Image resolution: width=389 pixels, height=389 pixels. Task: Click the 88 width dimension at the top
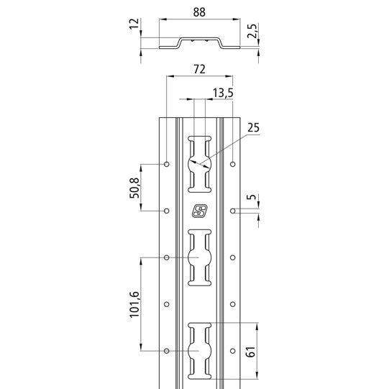pos(198,12)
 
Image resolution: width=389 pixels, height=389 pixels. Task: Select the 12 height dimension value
pos(132,27)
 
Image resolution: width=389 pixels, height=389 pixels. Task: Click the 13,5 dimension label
pos(223,92)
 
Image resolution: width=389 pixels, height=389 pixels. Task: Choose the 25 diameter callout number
pos(252,128)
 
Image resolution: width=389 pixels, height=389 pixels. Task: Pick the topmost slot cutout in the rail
pos(199,163)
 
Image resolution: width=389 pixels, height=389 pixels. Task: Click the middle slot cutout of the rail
pos(199,257)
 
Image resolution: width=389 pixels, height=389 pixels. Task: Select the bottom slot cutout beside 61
pos(199,350)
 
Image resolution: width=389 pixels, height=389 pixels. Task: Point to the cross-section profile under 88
pos(198,44)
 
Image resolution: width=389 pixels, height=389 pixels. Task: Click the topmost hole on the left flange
pos(166,165)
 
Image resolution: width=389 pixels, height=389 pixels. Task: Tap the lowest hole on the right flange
pos(232,350)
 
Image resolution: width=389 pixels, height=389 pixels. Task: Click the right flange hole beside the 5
pos(232,211)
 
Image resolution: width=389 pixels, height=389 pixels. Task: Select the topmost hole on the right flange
pos(232,165)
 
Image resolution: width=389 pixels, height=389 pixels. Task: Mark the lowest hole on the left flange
pos(166,350)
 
